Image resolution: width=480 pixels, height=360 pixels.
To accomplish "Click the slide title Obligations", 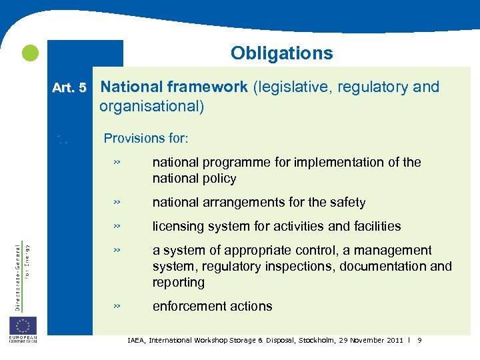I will pos(281,53).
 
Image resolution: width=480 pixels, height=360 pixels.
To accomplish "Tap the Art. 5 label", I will pos(70,87).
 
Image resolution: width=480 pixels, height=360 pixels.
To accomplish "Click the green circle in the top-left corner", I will pos(29,53).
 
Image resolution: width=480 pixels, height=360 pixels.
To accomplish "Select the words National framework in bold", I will pos(174,87).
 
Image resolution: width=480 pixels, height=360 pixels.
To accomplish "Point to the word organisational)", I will pos(151,106).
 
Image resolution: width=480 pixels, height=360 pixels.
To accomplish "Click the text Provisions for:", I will pos(146,139).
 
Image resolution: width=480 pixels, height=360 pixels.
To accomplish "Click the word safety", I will pos(347,203).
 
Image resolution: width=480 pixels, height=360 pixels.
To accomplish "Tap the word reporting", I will pos(178,283).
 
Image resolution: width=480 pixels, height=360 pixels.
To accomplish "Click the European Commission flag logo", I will pos(23,326).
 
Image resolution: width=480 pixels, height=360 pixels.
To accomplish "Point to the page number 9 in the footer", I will pos(419,341).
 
